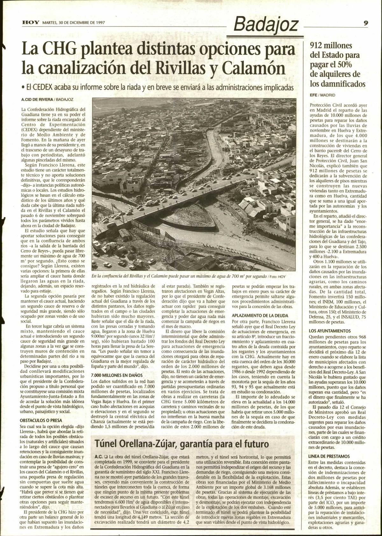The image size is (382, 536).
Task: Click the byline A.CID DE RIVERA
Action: click(x=36, y=100)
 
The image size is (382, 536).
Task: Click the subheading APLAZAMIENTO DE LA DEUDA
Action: click(x=260, y=316)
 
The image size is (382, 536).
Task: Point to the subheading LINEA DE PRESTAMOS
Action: click(x=329, y=456)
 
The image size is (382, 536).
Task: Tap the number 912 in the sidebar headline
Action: click(x=317, y=45)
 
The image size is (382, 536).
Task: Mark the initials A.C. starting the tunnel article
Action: click(x=98, y=456)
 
